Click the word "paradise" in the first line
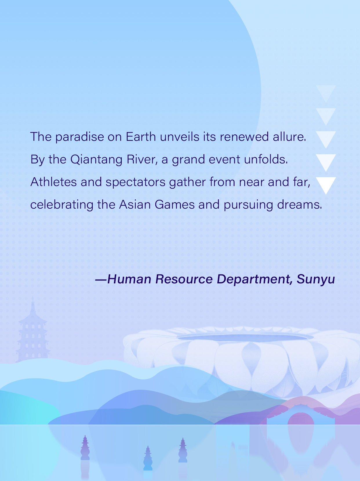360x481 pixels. point(79,137)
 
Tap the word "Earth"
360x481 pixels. point(141,136)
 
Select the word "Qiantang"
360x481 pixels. point(96,160)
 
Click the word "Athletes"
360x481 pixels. point(53,182)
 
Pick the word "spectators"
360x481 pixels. point(135,182)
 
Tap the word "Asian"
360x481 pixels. point(135,205)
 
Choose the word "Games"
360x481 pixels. point(174,205)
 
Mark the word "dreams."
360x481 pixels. point(299,205)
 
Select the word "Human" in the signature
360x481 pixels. point(129,279)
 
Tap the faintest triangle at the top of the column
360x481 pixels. point(326,92)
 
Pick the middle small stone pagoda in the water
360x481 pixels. point(148,458)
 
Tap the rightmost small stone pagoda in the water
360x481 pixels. point(183,450)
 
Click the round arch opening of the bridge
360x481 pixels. point(301,419)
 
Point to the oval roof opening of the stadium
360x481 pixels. point(246,337)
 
